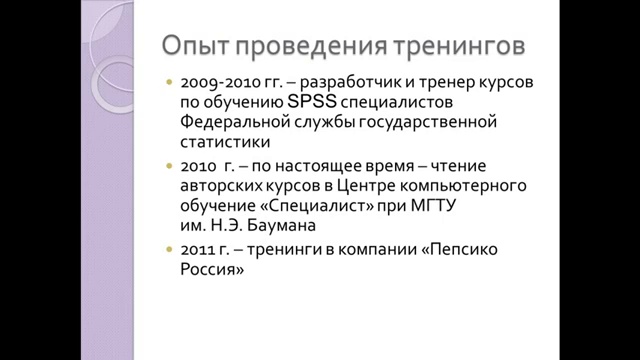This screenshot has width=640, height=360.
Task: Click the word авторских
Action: [x=222, y=185]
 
